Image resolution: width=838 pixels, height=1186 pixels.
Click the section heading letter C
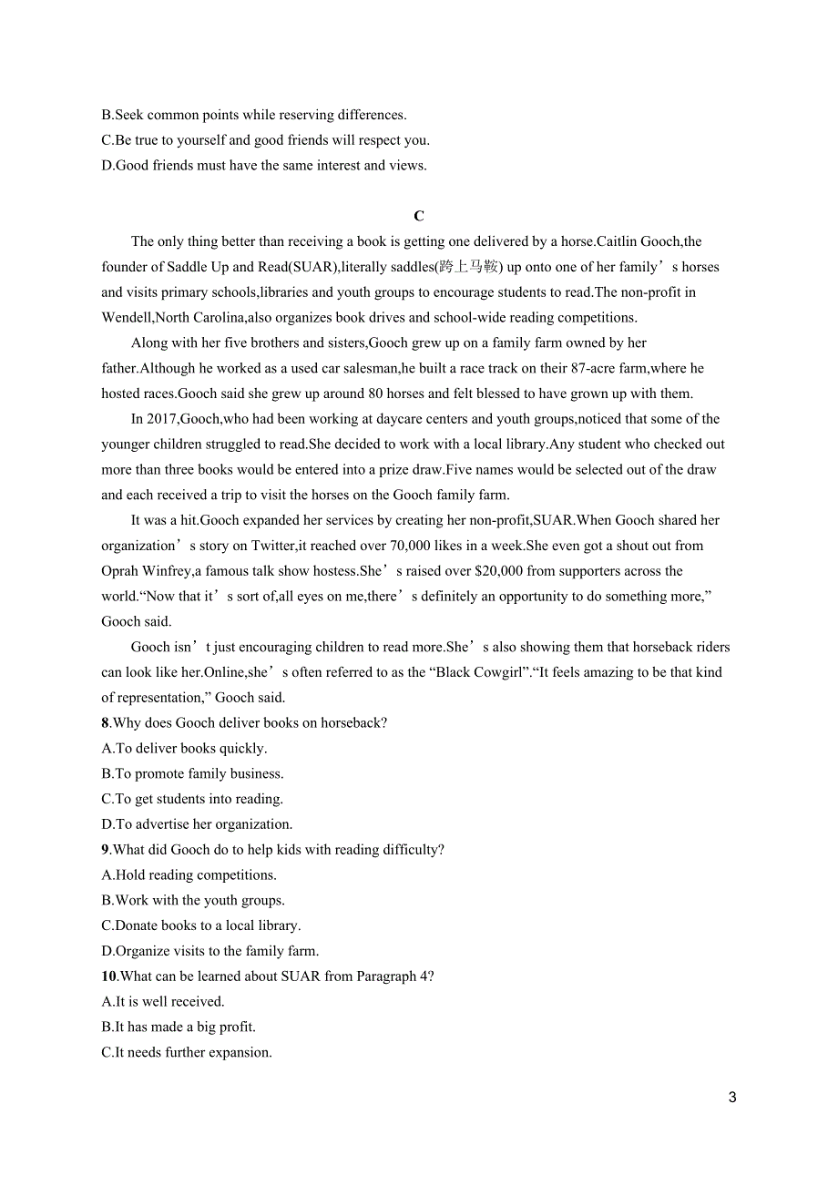coord(419,217)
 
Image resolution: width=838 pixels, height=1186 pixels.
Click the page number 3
coord(732,1098)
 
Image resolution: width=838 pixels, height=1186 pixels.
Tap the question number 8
coord(106,723)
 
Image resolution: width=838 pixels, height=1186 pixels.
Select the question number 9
coord(106,850)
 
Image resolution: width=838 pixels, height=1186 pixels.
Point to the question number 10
coord(109,976)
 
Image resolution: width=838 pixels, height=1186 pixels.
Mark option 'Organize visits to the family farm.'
coord(210,951)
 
